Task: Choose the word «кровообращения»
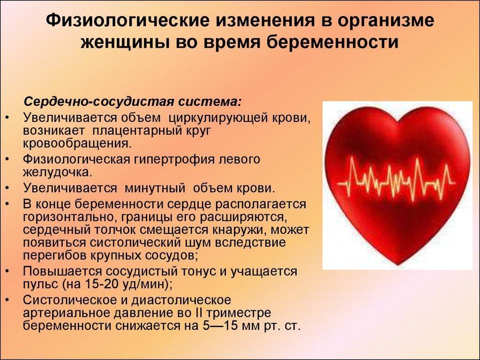point(77,143)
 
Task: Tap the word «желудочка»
point(57,172)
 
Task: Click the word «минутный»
point(155,188)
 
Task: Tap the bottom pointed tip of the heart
point(397,264)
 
